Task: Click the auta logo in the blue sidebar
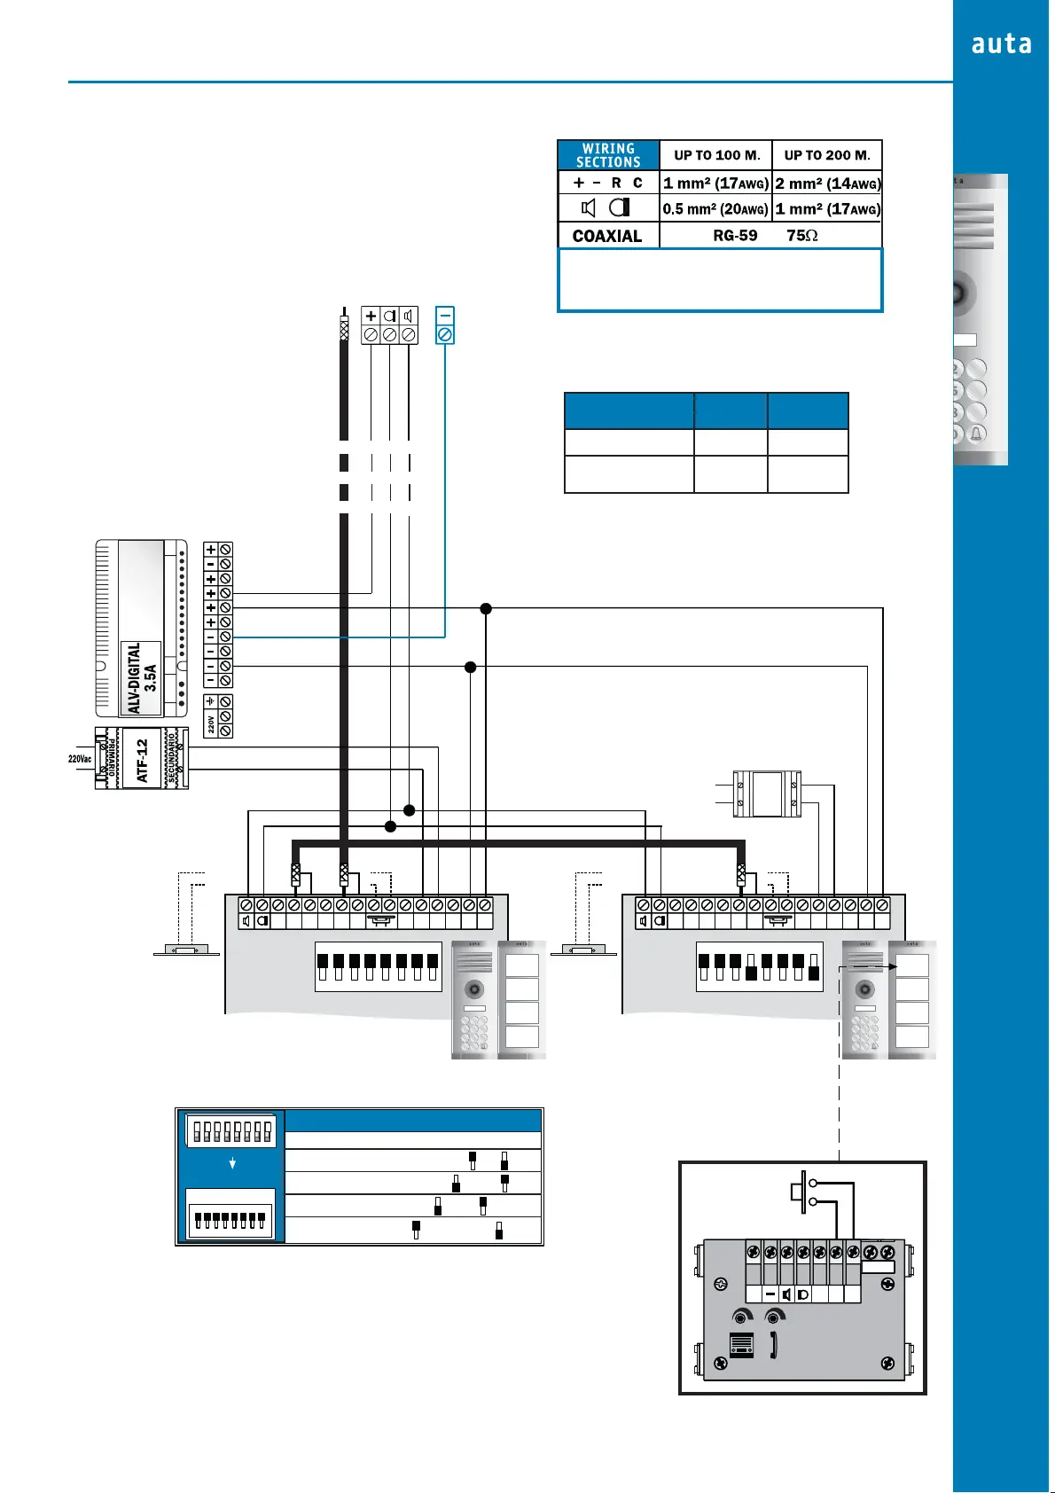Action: [x=1001, y=44]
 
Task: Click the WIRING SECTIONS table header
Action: [x=608, y=155]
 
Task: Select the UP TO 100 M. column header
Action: [x=716, y=155]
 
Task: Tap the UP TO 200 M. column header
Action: [x=827, y=155]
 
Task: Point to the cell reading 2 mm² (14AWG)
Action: [x=827, y=184]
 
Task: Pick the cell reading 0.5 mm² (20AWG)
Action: [x=715, y=209]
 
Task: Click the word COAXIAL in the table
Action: [x=607, y=236]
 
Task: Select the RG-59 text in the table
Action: [x=735, y=236]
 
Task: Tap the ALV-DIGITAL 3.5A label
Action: [x=142, y=678]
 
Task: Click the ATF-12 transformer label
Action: [x=142, y=760]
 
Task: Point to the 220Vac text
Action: [x=80, y=759]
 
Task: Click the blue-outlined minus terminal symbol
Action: [x=445, y=316]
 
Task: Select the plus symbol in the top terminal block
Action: [x=371, y=316]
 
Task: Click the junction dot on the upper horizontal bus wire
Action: [x=486, y=608]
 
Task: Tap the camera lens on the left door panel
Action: [x=475, y=989]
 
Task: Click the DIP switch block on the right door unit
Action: [x=760, y=966]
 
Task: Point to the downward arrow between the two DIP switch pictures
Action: [x=232, y=1163]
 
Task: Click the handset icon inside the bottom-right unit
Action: [x=774, y=1345]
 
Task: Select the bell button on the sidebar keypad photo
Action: [x=977, y=434]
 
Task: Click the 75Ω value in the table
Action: [x=802, y=236]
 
